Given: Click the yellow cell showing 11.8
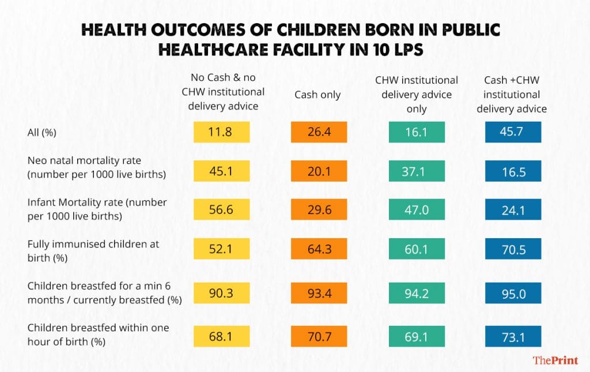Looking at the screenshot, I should point(221,132).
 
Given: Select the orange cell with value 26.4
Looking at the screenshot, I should point(318,132).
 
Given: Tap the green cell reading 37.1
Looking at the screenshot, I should point(417,171).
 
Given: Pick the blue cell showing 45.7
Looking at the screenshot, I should point(513,132).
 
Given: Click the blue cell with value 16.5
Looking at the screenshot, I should point(513,171).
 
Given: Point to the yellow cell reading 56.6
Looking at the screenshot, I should point(221,210).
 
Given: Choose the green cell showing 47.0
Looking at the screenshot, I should point(417,210).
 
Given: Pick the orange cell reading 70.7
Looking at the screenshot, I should point(318,335).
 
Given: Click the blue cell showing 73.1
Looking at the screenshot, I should point(513,335).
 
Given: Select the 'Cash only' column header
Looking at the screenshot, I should point(318,95).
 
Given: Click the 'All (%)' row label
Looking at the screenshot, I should point(44,132).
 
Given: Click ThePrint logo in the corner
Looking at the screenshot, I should point(555,360).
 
